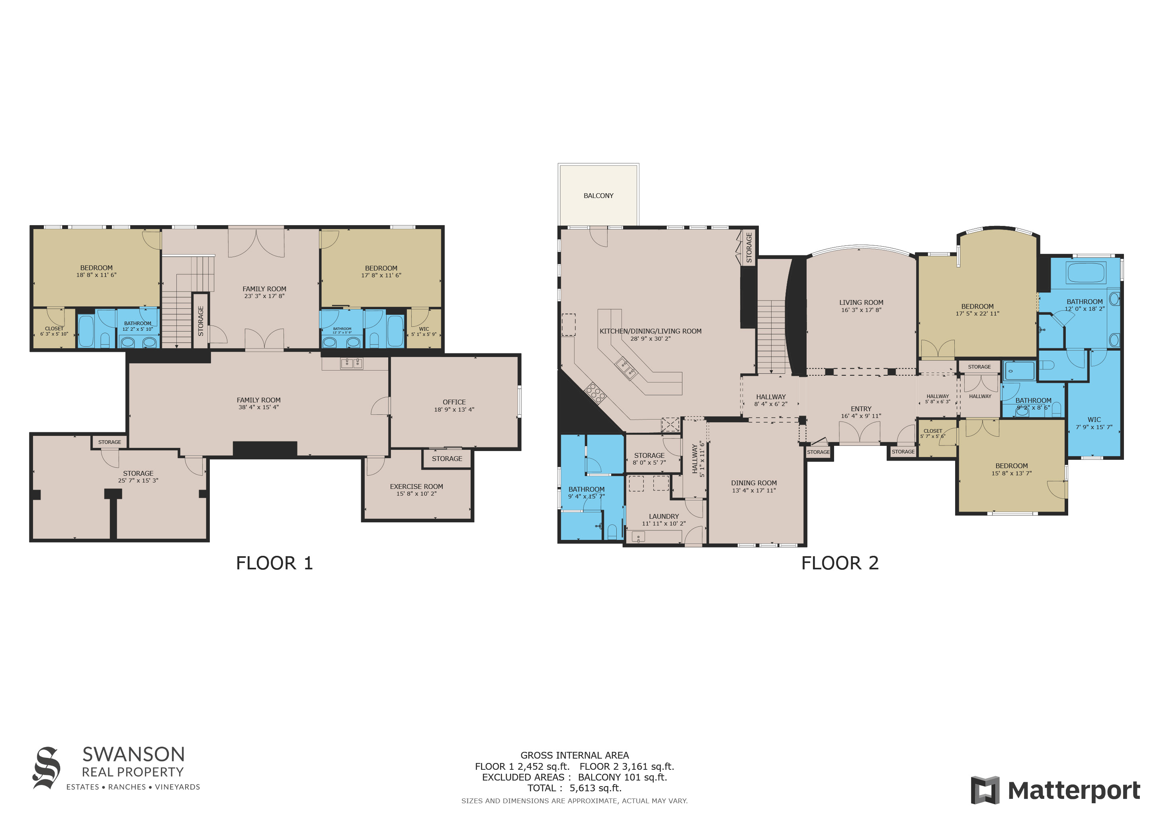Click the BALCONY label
coord(598,196)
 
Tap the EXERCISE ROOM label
coord(416,486)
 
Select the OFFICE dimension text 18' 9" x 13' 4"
coord(454,410)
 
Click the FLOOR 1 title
coord(274,563)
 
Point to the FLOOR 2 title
coord(840,563)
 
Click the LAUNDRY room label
coord(663,516)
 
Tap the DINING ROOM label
coord(753,483)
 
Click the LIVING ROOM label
coord(861,302)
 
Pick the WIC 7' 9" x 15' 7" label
coord(1094,423)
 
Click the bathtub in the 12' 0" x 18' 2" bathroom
coord(1086,273)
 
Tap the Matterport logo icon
coord(985,790)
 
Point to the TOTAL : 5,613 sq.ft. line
coord(575,788)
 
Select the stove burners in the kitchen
coord(595,392)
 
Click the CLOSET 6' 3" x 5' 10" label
coord(54,331)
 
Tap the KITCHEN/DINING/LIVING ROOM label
coord(650,331)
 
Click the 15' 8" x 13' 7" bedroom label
coord(1011,469)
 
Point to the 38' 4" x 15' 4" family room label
coord(259,404)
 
